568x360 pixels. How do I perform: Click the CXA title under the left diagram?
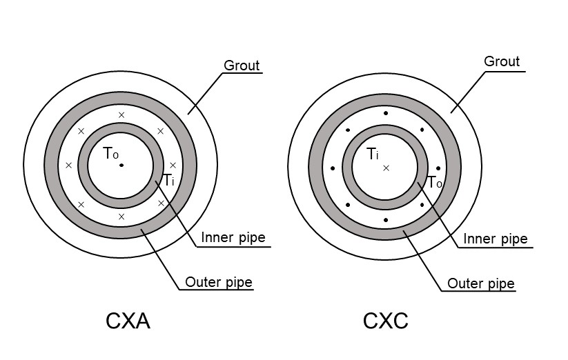click(128, 321)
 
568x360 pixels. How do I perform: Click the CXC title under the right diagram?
click(386, 321)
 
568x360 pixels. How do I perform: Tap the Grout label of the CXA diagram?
click(242, 66)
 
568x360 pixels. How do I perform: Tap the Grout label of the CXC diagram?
click(502, 61)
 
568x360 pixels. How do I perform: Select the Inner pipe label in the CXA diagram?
click(233, 238)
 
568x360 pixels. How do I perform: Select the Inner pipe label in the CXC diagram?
click(496, 239)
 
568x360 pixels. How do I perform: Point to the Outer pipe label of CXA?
click(219, 282)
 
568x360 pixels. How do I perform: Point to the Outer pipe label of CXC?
click(481, 283)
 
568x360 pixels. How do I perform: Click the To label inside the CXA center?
click(110, 154)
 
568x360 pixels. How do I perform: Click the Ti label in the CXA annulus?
click(169, 180)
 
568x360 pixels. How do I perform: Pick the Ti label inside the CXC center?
click(373, 154)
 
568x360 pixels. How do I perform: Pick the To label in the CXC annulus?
click(435, 183)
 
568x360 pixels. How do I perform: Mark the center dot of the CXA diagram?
click(121, 166)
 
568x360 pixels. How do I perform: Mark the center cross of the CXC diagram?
click(386, 168)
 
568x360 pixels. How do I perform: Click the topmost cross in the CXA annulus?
click(121, 114)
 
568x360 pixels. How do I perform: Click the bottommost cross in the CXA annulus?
click(121, 217)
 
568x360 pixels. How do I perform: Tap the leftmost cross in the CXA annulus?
click(68, 166)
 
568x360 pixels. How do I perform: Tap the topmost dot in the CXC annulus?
click(386, 114)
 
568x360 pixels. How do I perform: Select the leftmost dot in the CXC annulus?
click(333, 168)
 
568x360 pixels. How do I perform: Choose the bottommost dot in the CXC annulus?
click(386, 220)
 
